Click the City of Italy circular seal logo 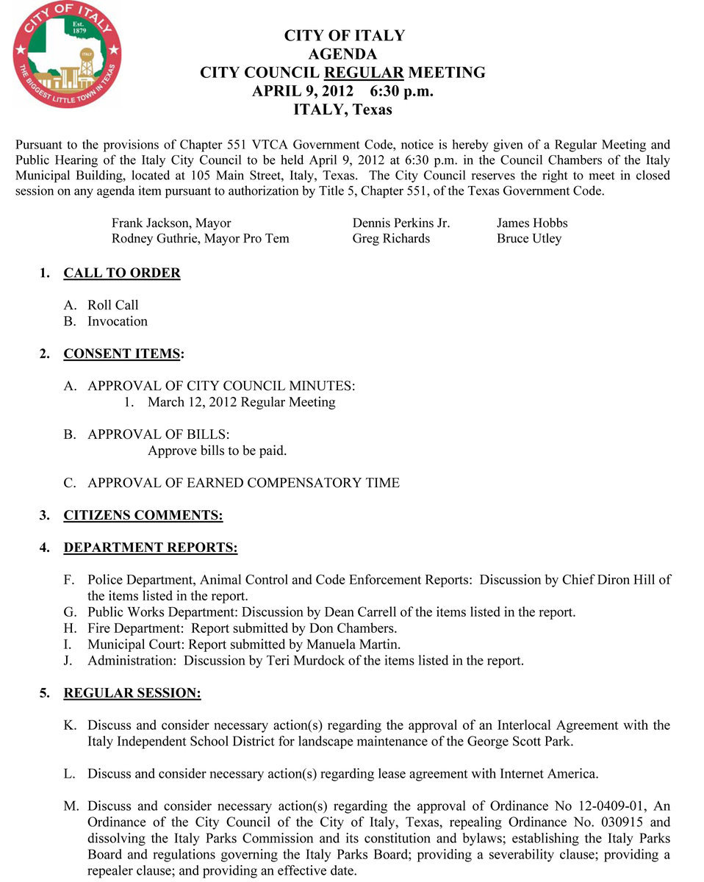click(67, 54)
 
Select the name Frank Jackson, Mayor click(171, 223)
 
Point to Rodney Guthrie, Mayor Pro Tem click(200, 238)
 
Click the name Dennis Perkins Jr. click(401, 223)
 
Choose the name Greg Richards click(391, 238)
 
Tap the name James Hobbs click(532, 223)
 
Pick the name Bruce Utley click(528, 238)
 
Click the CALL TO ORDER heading click(122, 273)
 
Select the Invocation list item click(117, 321)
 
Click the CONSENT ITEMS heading click(122, 354)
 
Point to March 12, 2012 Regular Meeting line click(241, 402)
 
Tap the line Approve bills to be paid click(217, 451)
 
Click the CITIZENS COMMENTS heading click(143, 515)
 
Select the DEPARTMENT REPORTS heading click(151, 548)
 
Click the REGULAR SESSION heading click(132, 693)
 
